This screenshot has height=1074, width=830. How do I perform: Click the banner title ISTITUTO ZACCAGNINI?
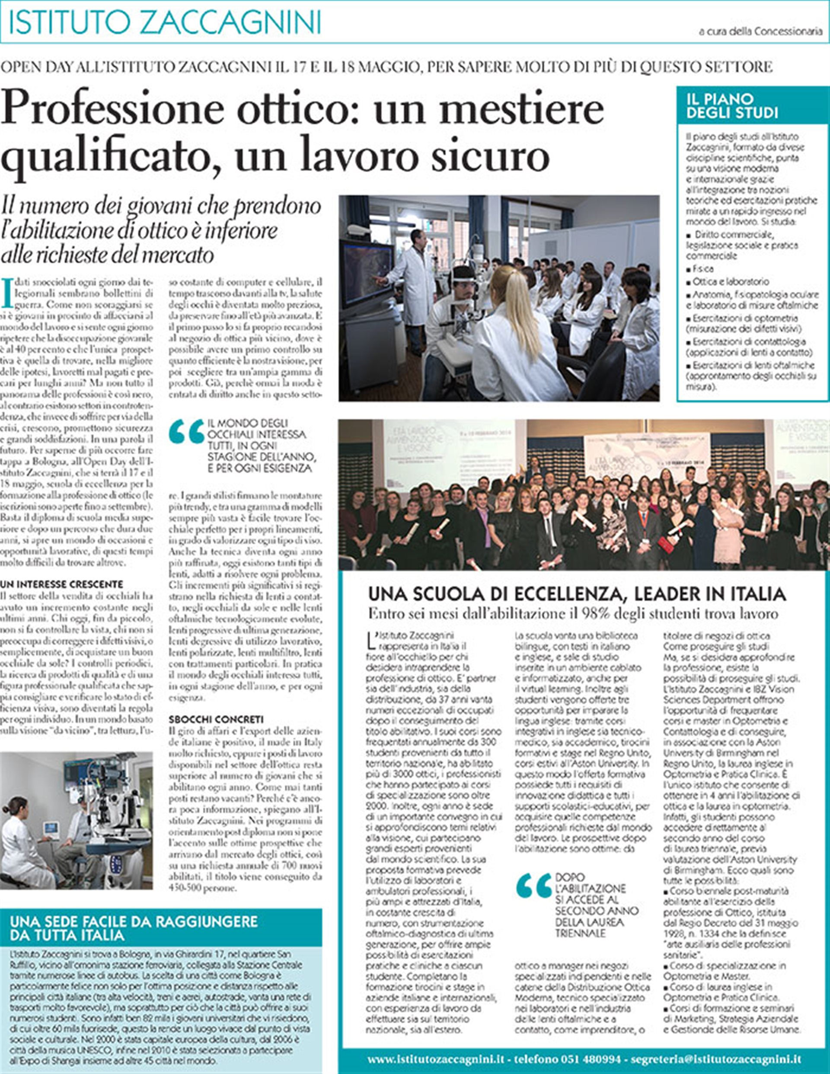tap(165, 22)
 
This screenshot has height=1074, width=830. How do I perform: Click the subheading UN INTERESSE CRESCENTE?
tap(61, 584)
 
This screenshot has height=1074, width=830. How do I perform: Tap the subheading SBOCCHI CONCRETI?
tap(216, 719)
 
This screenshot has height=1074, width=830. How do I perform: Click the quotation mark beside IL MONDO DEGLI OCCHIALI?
tap(186, 432)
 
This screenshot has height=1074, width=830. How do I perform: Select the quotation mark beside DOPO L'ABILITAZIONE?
tap(534, 886)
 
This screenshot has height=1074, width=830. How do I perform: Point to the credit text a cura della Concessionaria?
tap(760, 32)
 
